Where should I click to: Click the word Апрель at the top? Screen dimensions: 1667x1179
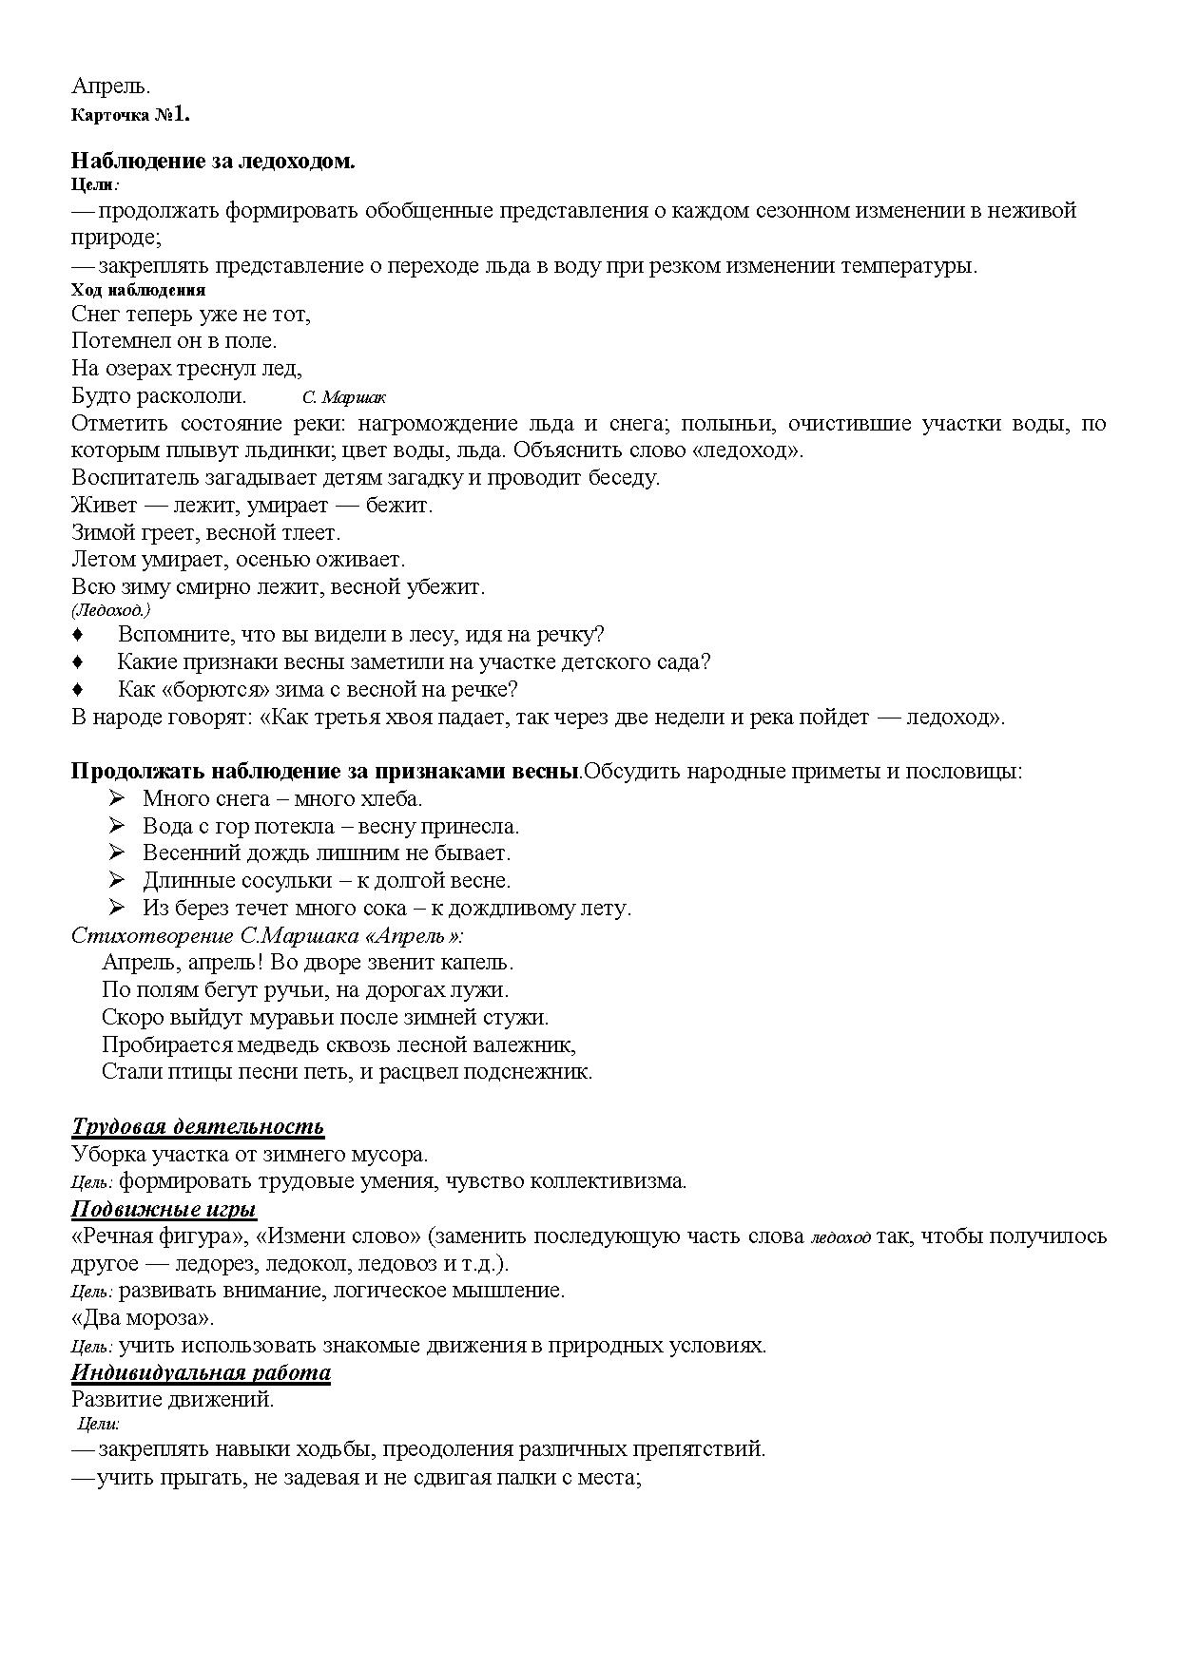[110, 86]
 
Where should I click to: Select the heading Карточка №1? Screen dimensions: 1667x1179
[131, 115]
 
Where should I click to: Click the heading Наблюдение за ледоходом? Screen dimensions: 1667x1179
[213, 162]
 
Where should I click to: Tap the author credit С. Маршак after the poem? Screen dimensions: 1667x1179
[344, 397]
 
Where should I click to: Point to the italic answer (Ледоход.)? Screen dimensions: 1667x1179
[110, 610]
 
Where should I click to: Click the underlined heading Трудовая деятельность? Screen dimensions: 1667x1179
[198, 1127]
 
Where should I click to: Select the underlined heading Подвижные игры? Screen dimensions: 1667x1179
[164, 1209]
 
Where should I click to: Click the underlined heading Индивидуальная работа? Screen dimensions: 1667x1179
[201, 1373]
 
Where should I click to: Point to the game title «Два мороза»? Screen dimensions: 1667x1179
[144, 1318]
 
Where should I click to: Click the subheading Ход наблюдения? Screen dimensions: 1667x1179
[139, 291]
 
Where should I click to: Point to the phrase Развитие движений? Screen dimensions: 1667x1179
[173, 1400]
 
